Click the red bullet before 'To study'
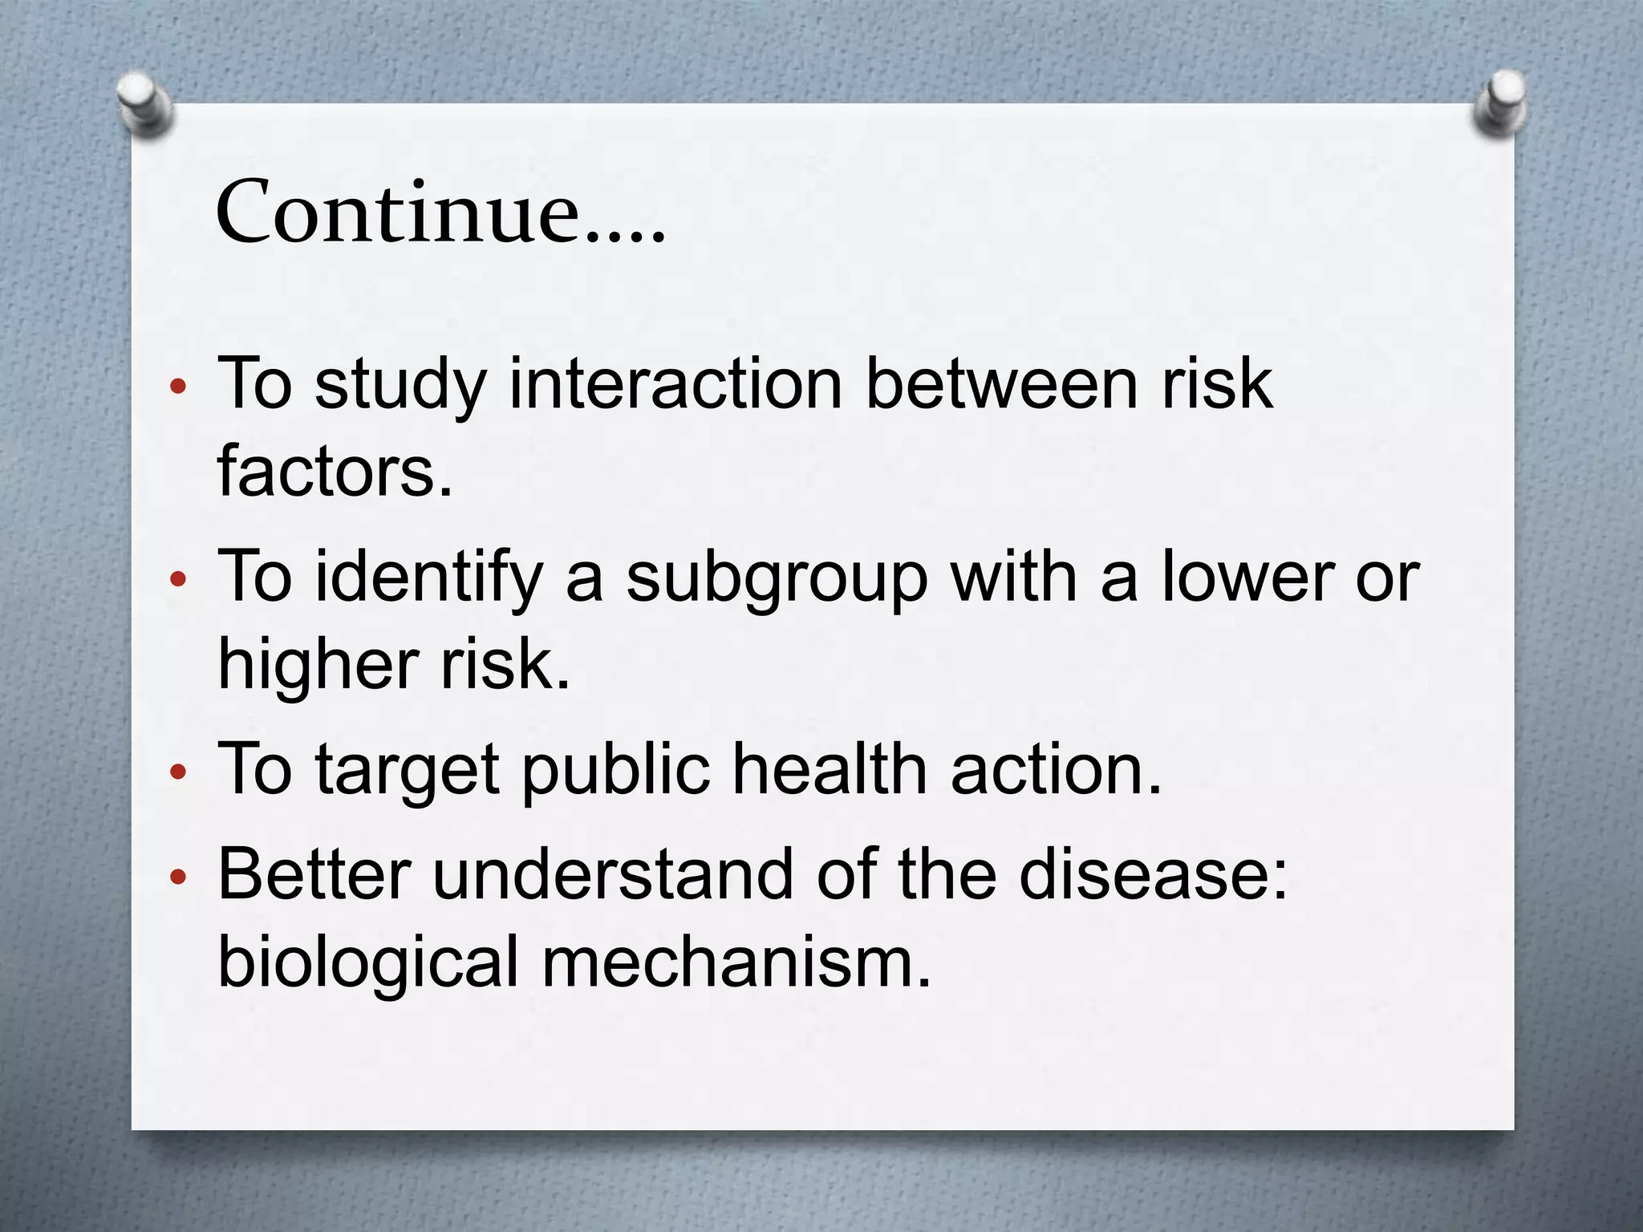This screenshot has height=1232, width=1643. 178,387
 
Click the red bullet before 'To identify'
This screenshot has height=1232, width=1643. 178,579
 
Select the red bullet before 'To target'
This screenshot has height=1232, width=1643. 178,772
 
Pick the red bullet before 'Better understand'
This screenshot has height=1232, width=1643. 178,877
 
